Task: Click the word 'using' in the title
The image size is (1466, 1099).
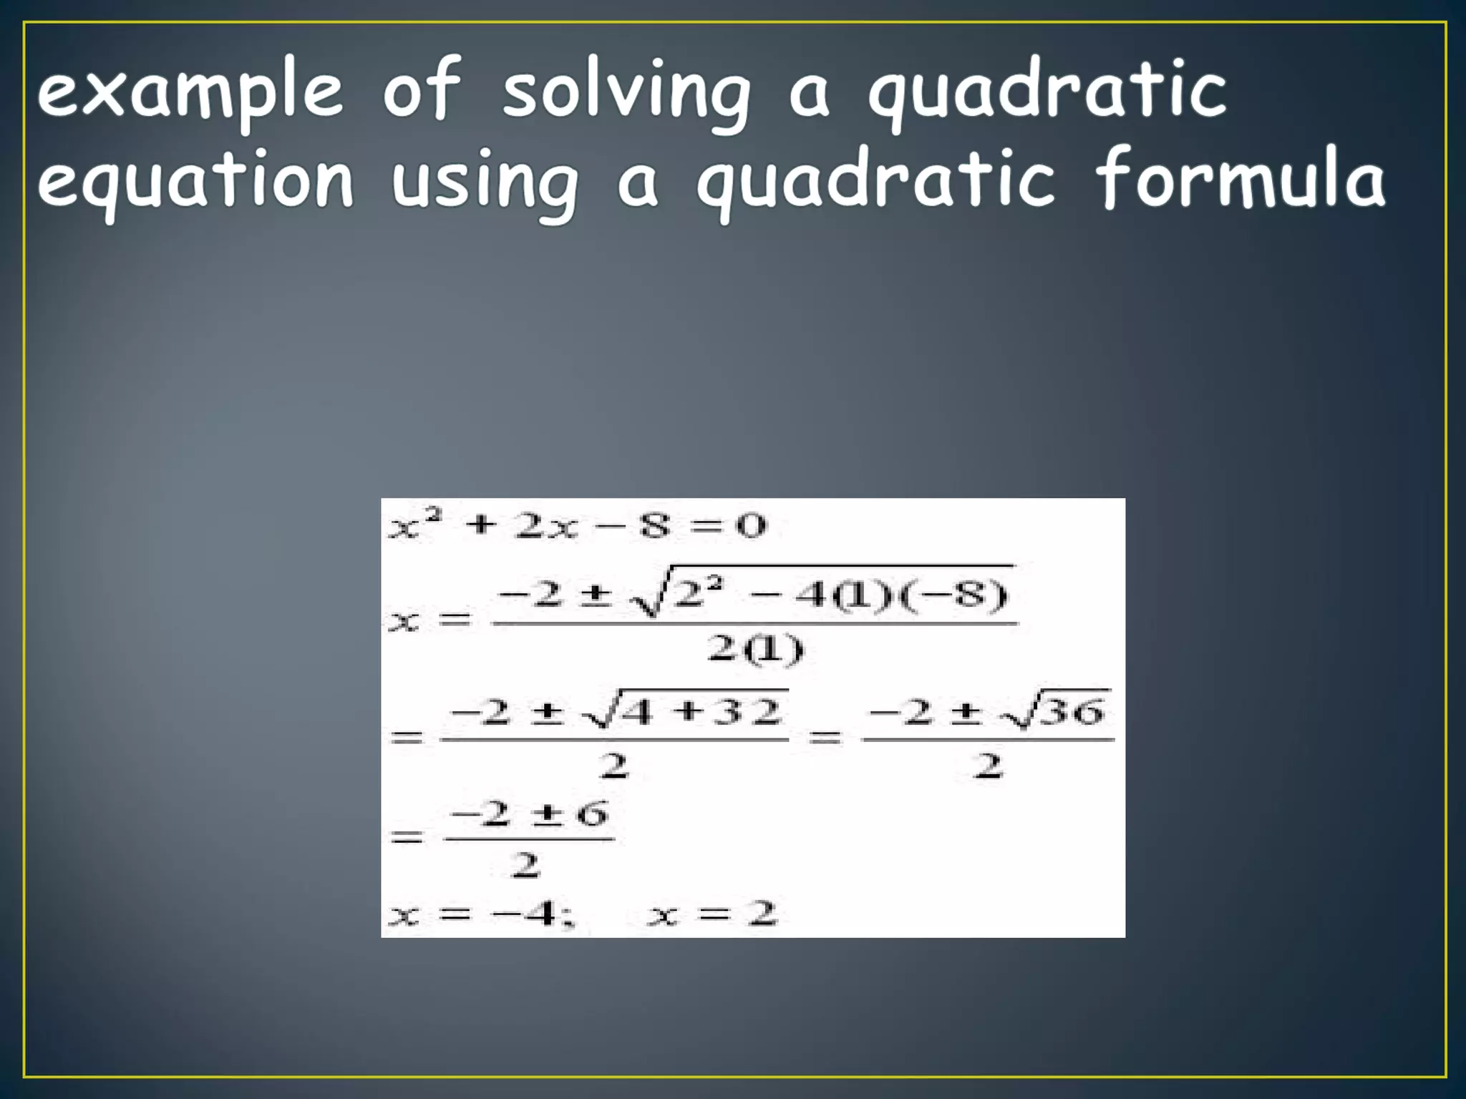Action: (x=485, y=182)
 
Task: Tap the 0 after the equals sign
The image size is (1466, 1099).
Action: (x=751, y=526)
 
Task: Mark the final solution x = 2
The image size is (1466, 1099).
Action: (x=712, y=914)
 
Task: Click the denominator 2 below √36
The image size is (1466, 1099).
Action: (x=988, y=766)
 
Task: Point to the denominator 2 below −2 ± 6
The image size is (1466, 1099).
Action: (x=526, y=866)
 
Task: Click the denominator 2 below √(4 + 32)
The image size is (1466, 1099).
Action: (x=613, y=766)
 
